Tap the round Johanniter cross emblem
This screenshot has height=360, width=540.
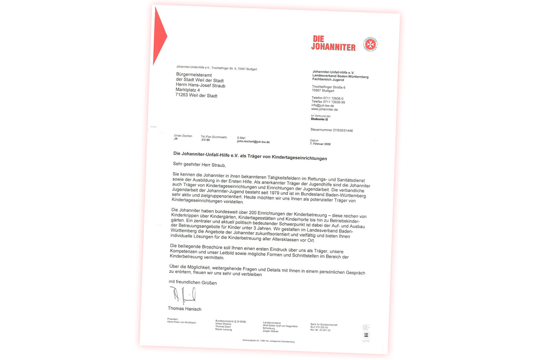(x=370, y=44)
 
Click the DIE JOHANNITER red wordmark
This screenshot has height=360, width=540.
(x=333, y=43)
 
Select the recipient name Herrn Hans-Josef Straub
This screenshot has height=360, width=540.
(x=201, y=85)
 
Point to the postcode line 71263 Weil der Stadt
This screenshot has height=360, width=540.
(x=196, y=95)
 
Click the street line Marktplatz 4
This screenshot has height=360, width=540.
(x=188, y=90)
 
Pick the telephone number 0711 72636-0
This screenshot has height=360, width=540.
(x=333, y=98)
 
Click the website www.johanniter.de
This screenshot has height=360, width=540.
(x=324, y=109)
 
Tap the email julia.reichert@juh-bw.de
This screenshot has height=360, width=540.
(x=253, y=142)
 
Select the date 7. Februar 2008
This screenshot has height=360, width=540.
(x=320, y=144)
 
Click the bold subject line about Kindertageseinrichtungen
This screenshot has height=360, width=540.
(x=250, y=156)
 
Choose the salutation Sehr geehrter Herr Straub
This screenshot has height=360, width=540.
(x=199, y=165)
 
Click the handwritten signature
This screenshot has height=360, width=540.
(x=183, y=295)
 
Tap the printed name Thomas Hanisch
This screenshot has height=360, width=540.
(x=184, y=309)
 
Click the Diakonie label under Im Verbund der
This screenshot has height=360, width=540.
(x=318, y=119)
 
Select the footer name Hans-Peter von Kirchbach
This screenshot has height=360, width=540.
(x=181, y=323)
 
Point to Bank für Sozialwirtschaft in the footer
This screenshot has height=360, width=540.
(x=324, y=325)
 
